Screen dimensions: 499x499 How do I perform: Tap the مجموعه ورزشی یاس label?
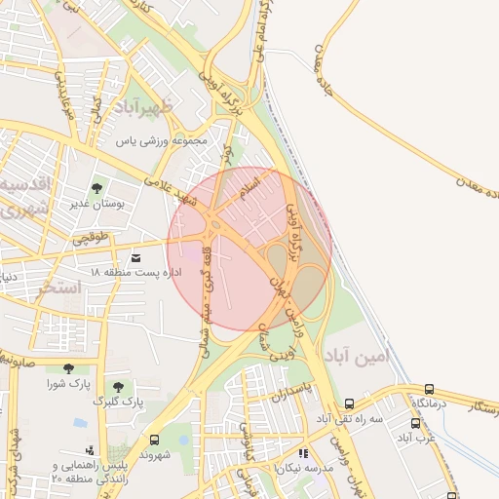click(x=163, y=140)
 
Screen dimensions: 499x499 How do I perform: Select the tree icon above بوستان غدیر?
click(x=96, y=188)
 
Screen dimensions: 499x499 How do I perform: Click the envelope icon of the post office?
click(x=134, y=257)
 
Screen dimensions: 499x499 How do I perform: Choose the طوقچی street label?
click(x=93, y=237)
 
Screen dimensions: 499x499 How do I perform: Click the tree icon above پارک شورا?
click(x=67, y=367)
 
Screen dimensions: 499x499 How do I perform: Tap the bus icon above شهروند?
click(x=154, y=440)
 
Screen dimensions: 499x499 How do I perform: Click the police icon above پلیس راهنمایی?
click(x=91, y=449)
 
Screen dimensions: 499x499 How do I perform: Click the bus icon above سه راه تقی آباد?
click(x=349, y=403)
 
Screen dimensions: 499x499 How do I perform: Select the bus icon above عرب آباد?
click(x=416, y=423)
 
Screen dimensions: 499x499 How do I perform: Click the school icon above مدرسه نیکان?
click(x=303, y=453)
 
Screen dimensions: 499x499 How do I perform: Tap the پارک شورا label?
click(x=68, y=383)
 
